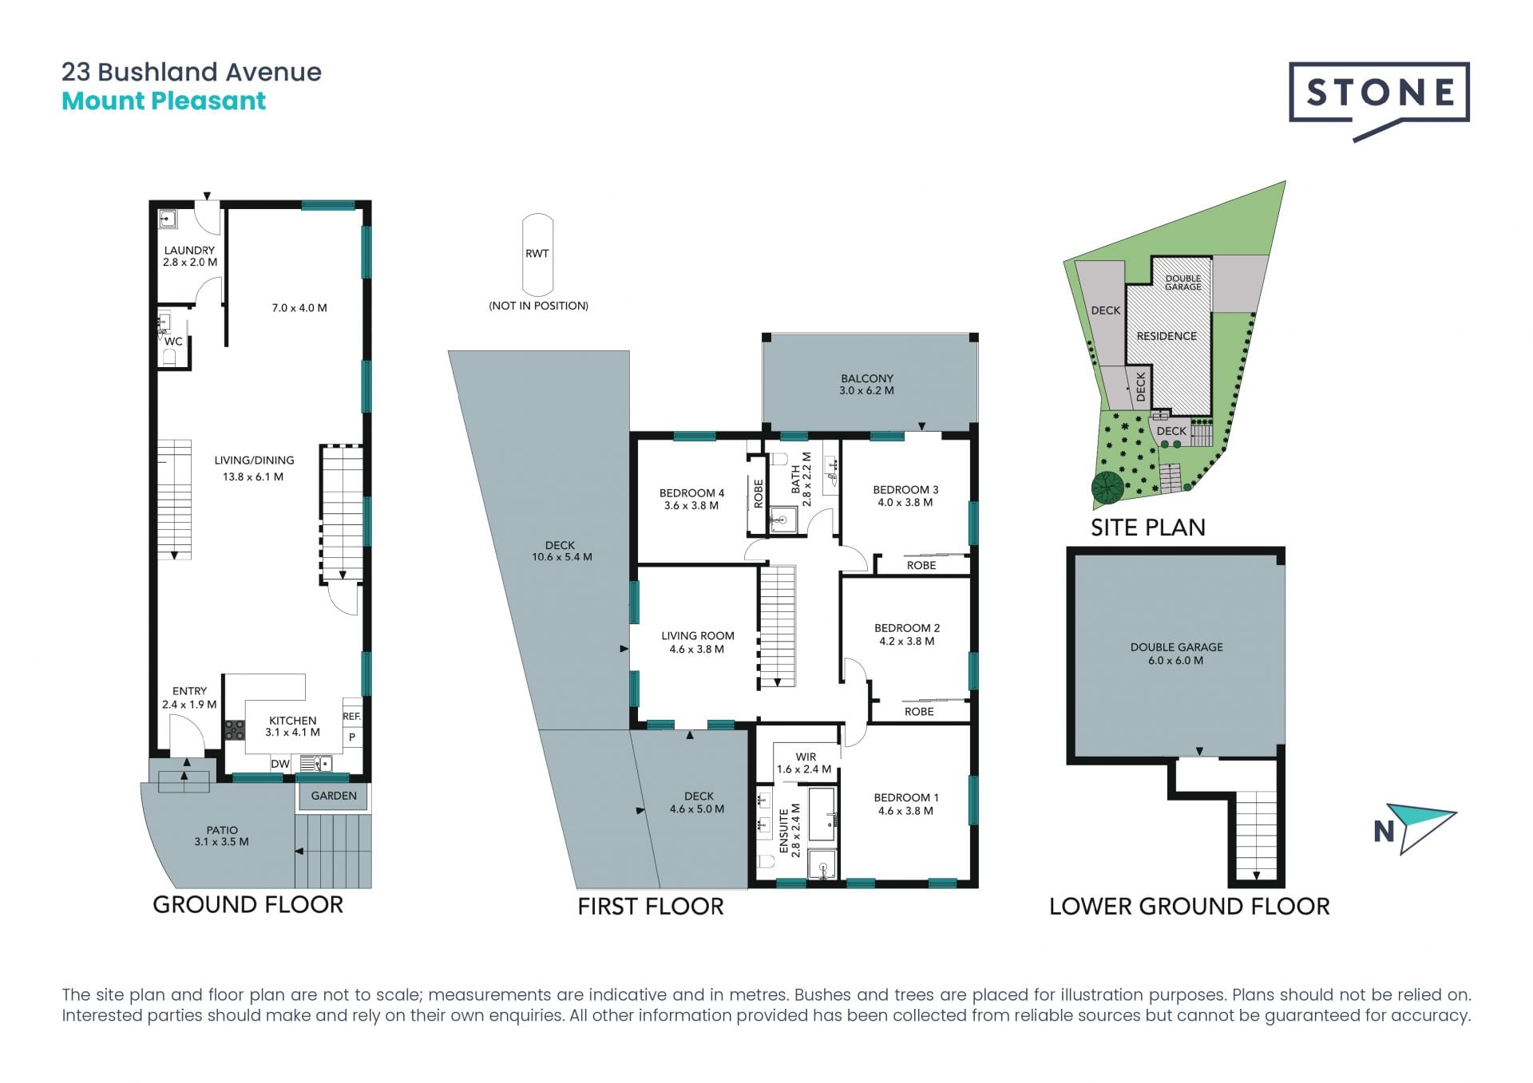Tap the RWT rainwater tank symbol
click(x=537, y=255)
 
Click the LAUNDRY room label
click(x=189, y=251)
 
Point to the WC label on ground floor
click(x=173, y=342)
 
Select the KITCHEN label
click(x=292, y=721)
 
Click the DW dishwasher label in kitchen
click(x=280, y=764)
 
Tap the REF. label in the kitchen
click(x=351, y=717)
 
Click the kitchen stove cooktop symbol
click(x=234, y=729)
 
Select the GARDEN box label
click(x=334, y=796)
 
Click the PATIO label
click(x=222, y=830)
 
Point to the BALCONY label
click(x=867, y=378)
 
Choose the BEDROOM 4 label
click(x=691, y=493)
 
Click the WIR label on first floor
click(x=806, y=757)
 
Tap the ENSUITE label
click(x=784, y=832)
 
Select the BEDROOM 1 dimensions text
click(x=905, y=811)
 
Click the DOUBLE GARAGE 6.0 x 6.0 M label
click(x=1176, y=654)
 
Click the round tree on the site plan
click(x=1107, y=488)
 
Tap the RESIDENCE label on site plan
click(x=1167, y=336)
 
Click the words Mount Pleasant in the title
click(x=164, y=101)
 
